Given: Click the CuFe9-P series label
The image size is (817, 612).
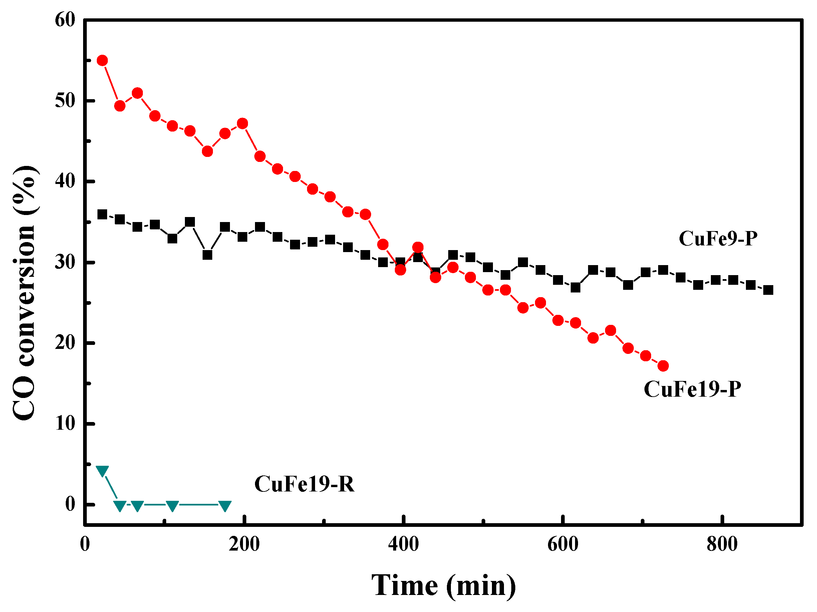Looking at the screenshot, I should click(x=718, y=239).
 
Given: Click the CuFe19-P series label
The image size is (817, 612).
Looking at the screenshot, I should click(x=692, y=389).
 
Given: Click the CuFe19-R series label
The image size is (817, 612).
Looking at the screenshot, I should click(x=304, y=484).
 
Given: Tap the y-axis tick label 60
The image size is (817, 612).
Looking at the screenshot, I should click(x=65, y=20).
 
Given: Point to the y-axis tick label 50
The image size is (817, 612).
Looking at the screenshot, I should click(x=65, y=100).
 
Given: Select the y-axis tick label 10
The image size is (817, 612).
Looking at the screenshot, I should click(x=65, y=423).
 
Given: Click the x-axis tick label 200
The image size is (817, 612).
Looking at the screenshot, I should click(x=244, y=544).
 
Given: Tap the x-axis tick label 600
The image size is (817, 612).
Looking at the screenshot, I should click(x=562, y=544).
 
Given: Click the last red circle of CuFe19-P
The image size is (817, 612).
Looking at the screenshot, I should click(x=663, y=366).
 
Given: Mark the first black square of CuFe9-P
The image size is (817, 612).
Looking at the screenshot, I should click(x=102, y=214).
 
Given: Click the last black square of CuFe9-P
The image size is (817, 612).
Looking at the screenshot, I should click(x=768, y=290).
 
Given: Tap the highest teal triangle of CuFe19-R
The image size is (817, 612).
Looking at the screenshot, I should click(x=102, y=470).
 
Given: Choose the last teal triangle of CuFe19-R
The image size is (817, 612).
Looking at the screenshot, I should click(x=225, y=505).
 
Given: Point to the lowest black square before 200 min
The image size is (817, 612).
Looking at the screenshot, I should click(x=208, y=255).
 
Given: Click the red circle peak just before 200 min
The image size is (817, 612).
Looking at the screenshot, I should click(x=242, y=124).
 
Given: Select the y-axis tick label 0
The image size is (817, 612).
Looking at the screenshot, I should click(x=70, y=504).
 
